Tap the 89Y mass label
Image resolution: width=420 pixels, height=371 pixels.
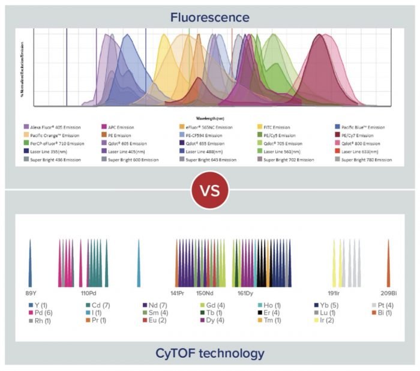(x=30, y=293)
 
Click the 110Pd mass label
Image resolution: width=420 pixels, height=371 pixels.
(x=88, y=293)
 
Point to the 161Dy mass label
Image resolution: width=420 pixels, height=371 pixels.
(x=245, y=293)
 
